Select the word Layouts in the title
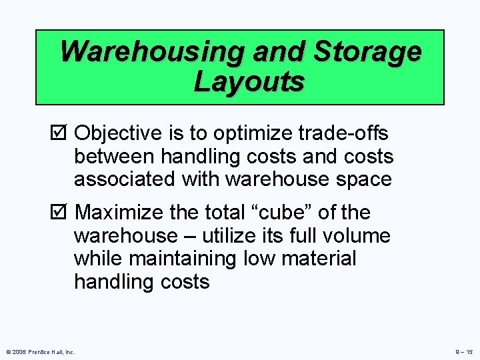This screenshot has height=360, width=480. coord(249,82)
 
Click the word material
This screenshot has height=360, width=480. coord(321,259)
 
